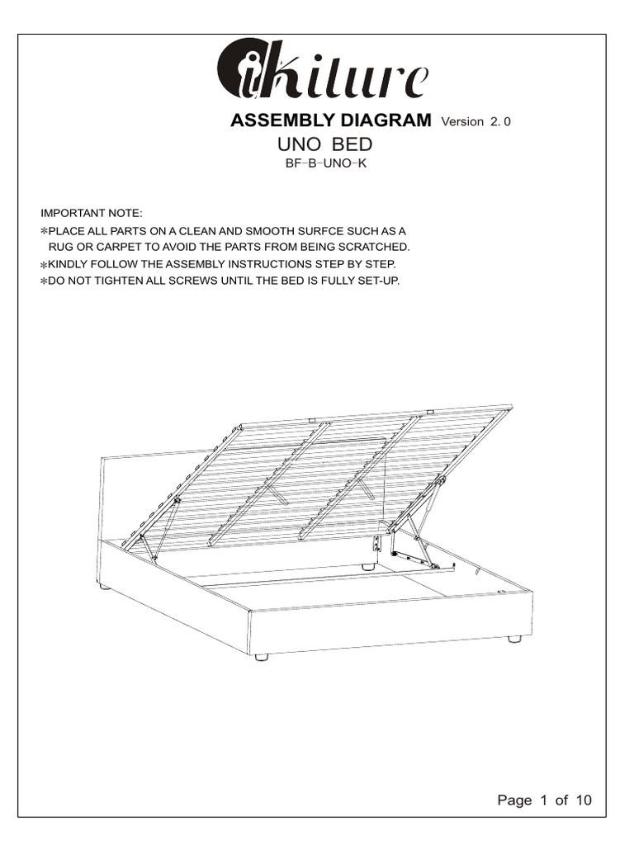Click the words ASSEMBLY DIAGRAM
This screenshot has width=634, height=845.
click(330, 121)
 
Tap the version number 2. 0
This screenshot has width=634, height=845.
click(501, 122)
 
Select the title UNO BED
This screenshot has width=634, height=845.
click(325, 145)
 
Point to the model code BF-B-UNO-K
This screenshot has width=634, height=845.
click(325, 163)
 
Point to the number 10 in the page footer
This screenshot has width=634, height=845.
click(583, 800)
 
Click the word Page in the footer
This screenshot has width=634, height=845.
click(514, 800)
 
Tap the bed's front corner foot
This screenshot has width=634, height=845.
click(262, 657)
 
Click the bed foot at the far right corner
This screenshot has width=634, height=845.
click(514, 639)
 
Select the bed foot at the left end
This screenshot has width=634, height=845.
click(105, 588)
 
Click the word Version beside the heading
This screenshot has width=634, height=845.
click(463, 122)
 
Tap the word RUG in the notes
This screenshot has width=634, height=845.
click(61, 248)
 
